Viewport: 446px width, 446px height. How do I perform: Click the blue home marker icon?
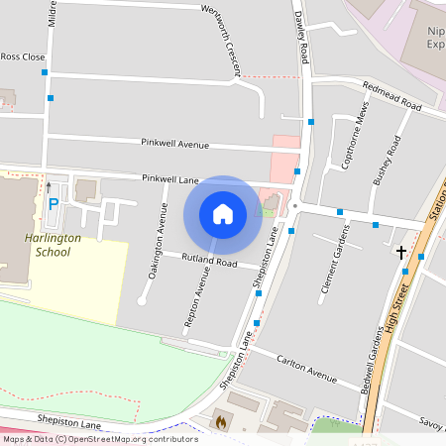[x=223, y=213]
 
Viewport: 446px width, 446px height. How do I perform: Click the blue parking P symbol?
[x=53, y=204]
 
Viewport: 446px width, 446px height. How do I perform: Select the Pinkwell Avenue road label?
[x=174, y=144]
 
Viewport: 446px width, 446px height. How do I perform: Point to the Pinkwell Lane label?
[x=169, y=178]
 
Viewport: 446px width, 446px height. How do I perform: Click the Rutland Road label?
[x=209, y=262]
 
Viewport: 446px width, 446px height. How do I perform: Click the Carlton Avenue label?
[x=307, y=368]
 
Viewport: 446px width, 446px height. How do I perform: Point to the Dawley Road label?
[x=301, y=30]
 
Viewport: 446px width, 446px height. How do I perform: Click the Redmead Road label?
[x=392, y=96]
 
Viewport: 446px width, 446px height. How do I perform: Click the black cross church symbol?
[x=401, y=253]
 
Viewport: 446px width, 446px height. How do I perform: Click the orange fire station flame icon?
[x=219, y=421]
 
